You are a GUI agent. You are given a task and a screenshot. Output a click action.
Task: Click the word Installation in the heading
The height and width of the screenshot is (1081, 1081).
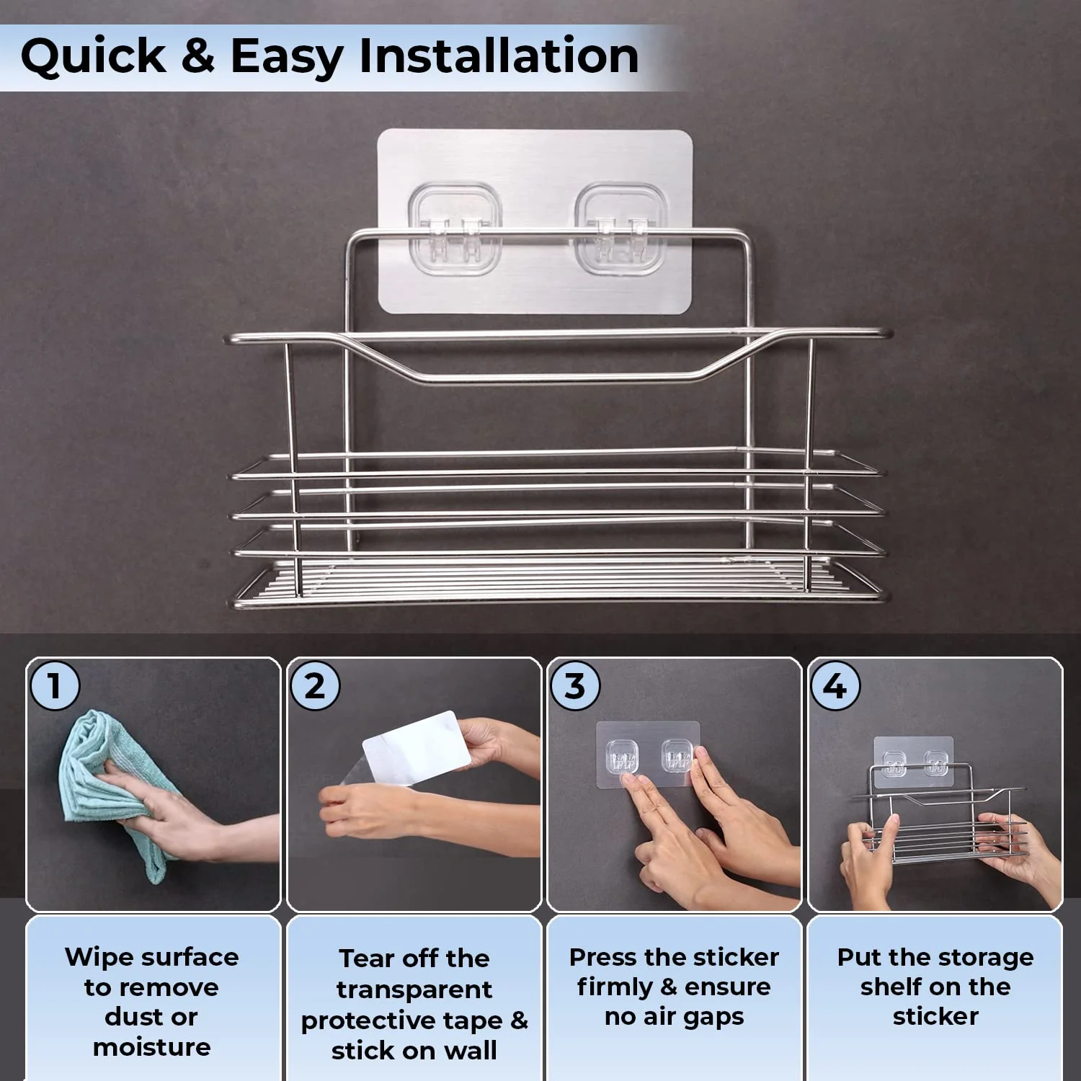pos(499,55)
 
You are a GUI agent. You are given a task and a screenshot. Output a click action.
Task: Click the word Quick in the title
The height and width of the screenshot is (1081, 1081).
pos(93,56)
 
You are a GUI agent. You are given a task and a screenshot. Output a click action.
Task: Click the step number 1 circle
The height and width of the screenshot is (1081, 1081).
pos(54,685)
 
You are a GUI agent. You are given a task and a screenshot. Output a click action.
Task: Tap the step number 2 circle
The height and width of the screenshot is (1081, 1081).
pos(314,685)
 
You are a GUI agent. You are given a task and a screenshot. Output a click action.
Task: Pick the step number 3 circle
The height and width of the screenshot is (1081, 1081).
pos(574,685)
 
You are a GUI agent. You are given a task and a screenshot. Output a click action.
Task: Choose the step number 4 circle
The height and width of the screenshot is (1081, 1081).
pos(835,685)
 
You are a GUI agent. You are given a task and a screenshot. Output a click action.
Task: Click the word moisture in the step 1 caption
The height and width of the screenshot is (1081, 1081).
pos(151,1046)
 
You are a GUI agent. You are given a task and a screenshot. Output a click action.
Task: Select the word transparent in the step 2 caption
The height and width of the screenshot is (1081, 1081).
pos(414,989)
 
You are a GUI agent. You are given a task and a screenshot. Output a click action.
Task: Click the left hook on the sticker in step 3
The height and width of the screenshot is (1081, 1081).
pos(620,757)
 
